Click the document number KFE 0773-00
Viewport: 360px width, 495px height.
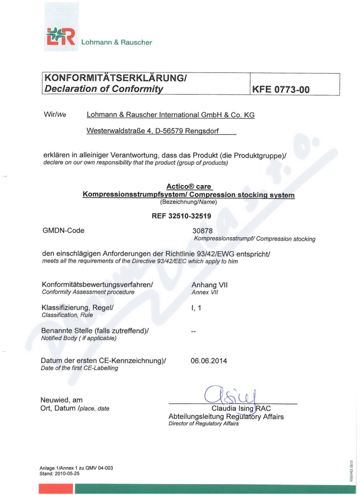[x=281, y=89]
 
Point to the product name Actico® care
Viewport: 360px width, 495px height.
[x=189, y=186]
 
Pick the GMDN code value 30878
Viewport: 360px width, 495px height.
[x=201, y=231]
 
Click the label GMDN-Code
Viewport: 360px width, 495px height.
[x=63, y=231]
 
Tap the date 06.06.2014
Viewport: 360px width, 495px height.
[x=209, y=361]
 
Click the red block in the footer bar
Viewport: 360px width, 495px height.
[x=56, y=489]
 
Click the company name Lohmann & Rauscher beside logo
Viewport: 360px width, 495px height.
[x=117, y=43]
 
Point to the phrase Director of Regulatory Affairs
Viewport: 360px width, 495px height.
[x=203, y=424]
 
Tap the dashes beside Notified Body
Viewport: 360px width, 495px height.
[x=194, y=332]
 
